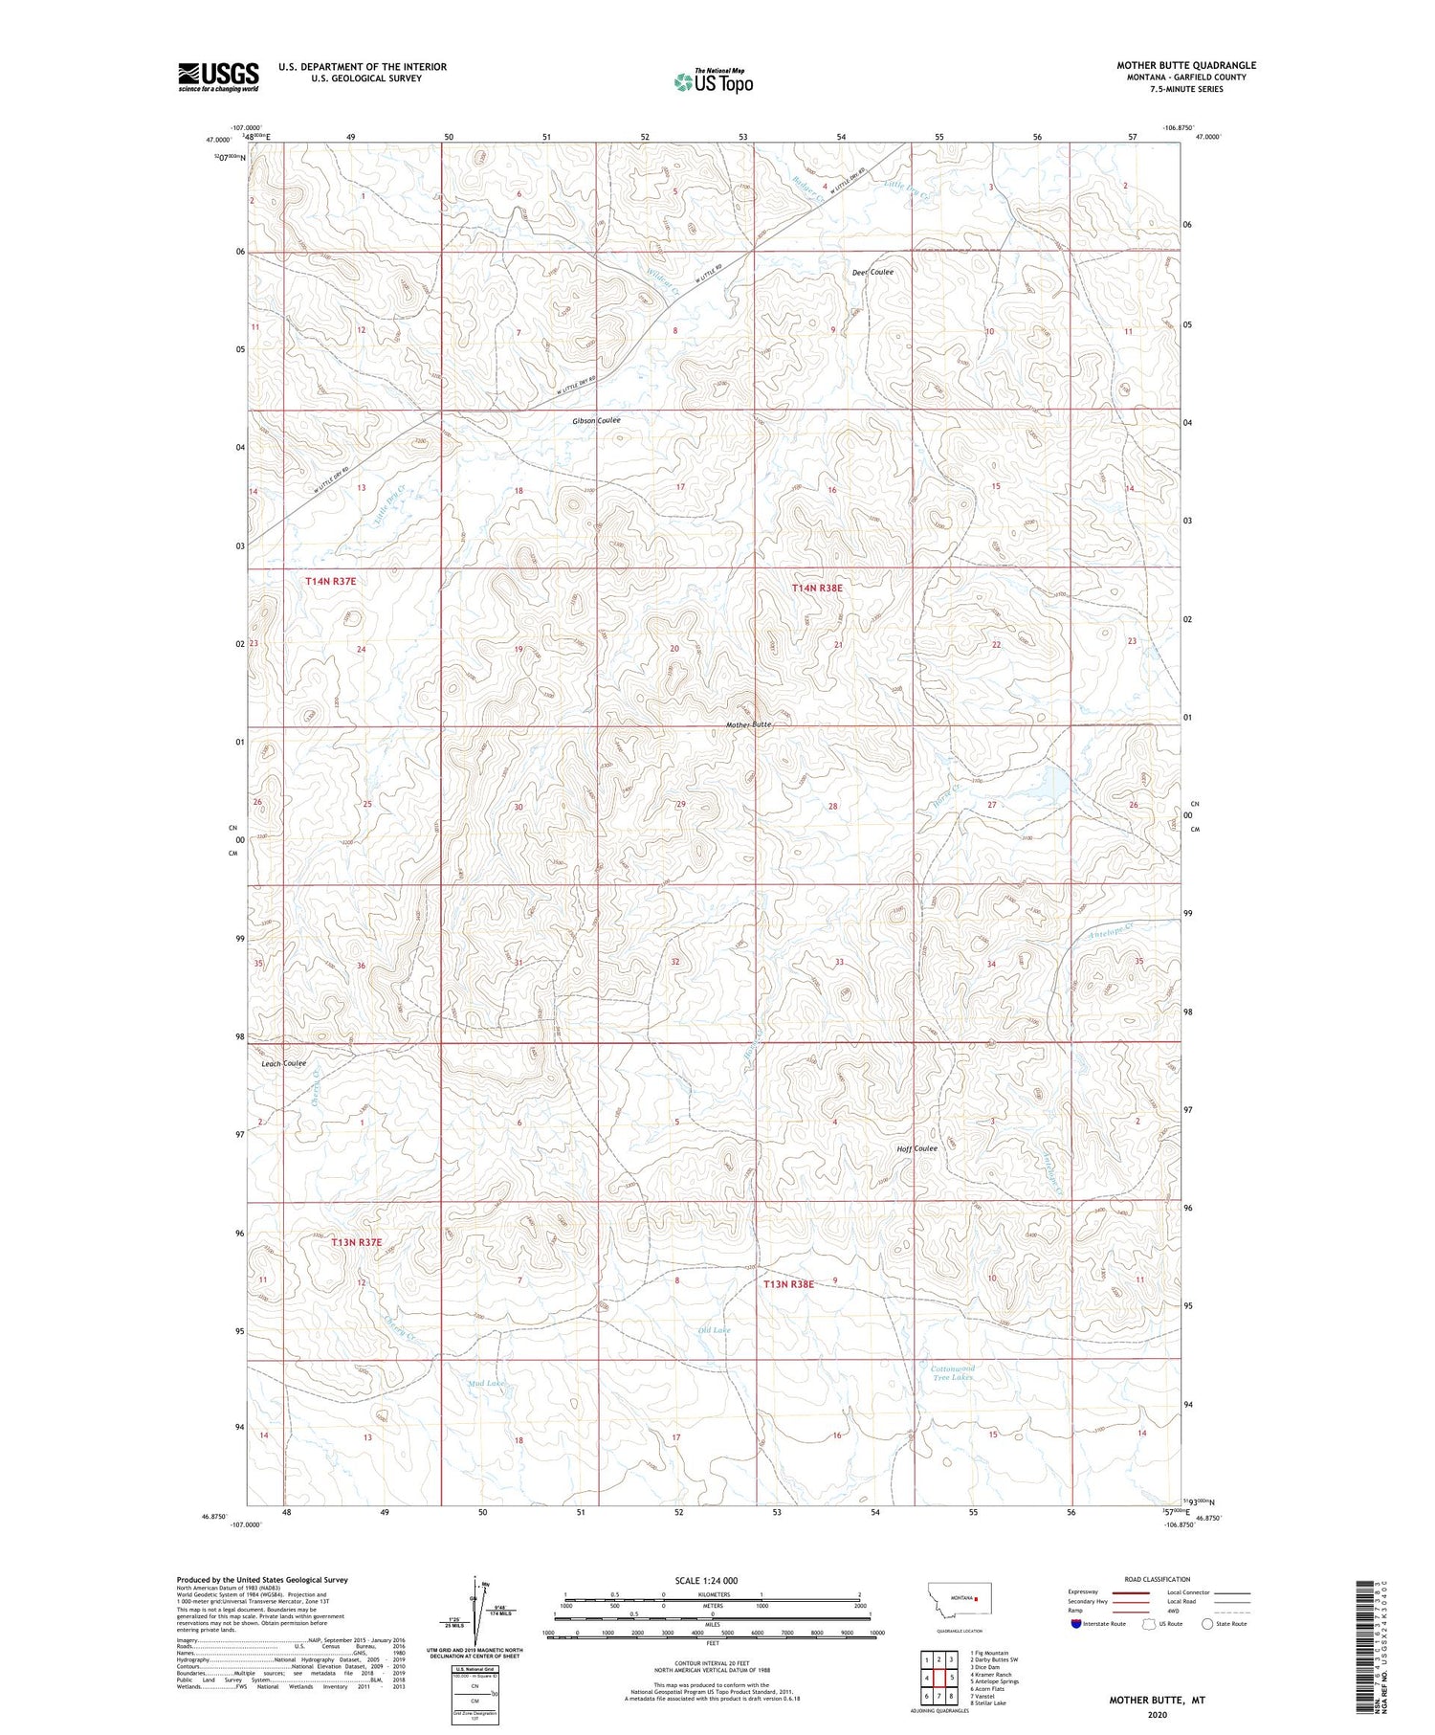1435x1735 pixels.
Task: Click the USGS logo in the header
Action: click(218, 77)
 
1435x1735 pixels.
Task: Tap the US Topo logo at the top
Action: click(713, 82)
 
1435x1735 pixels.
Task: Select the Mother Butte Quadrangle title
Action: click(1186, 65)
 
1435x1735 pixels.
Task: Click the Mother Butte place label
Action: click(748, 724)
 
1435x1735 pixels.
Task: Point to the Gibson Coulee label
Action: click(596, 421)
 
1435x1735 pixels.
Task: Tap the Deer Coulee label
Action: click(872, 273)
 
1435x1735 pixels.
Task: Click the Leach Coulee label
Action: click(283, 1063)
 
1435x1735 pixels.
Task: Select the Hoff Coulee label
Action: click(916, 1148)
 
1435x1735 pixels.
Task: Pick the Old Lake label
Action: click(714, 1330)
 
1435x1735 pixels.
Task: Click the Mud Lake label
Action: click(485, 1383)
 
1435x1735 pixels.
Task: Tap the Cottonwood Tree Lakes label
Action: click(952, 1372)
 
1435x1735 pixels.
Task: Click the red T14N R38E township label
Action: click(817, 589)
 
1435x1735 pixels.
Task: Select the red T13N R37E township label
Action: click(356, 1242)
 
